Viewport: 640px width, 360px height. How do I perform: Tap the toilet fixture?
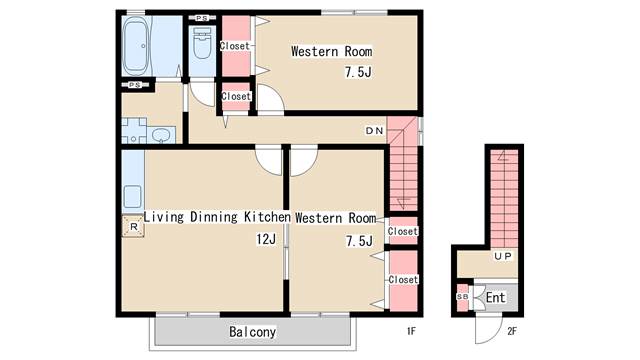click(202, 43)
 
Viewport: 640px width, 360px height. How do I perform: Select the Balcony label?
click(252, 332)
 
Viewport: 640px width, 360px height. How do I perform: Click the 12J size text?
click(266, 239)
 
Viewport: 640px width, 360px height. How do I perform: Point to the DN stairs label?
click(374, 131)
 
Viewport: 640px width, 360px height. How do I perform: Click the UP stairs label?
click(502, 256)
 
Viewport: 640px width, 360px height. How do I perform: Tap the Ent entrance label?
click(495, 298)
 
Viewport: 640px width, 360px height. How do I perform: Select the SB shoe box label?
click(462, 297)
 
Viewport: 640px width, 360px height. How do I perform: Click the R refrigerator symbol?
click(133, 227)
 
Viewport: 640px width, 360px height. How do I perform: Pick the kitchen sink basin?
click(132, 197)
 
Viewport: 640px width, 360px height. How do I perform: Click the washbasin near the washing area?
click(162, 135)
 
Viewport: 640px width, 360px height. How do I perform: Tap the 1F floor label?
click(411, 331)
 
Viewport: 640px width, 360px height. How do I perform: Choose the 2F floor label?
click(512, 331)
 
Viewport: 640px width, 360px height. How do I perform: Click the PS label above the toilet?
click(202, 18)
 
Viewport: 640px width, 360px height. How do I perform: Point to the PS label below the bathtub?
click(135, 85)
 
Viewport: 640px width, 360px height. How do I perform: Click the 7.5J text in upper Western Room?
click(358, 72)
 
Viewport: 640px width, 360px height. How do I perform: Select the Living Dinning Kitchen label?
click(217, 217)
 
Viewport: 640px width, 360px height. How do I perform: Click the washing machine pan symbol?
click(134, 131)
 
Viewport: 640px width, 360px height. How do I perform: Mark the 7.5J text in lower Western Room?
click(359, 241)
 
